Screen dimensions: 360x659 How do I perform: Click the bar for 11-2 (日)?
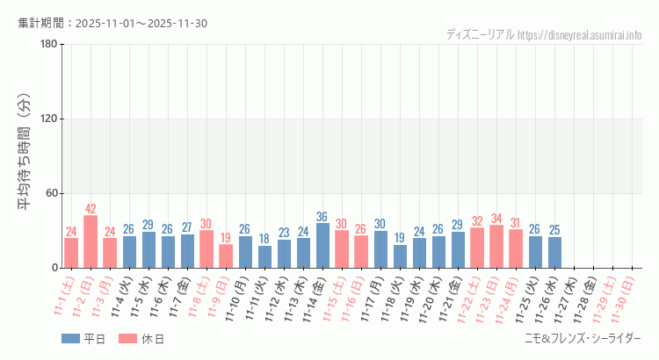coord(91,241)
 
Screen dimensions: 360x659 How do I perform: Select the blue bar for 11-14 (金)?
coord(322,246)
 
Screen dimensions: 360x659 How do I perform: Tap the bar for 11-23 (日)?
coord(496,247)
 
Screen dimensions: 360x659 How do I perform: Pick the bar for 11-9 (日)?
coord(226,256)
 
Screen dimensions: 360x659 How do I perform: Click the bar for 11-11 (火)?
coord(264,256)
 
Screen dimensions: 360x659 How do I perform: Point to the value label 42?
coord(91,209)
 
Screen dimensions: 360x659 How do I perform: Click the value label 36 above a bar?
coord(322,217)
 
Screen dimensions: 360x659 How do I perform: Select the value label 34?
coord(496,219)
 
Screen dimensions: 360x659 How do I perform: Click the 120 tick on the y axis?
coord(48,119)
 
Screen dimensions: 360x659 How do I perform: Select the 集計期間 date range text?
coord(112,23)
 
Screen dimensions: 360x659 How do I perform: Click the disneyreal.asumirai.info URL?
coord(579,34)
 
